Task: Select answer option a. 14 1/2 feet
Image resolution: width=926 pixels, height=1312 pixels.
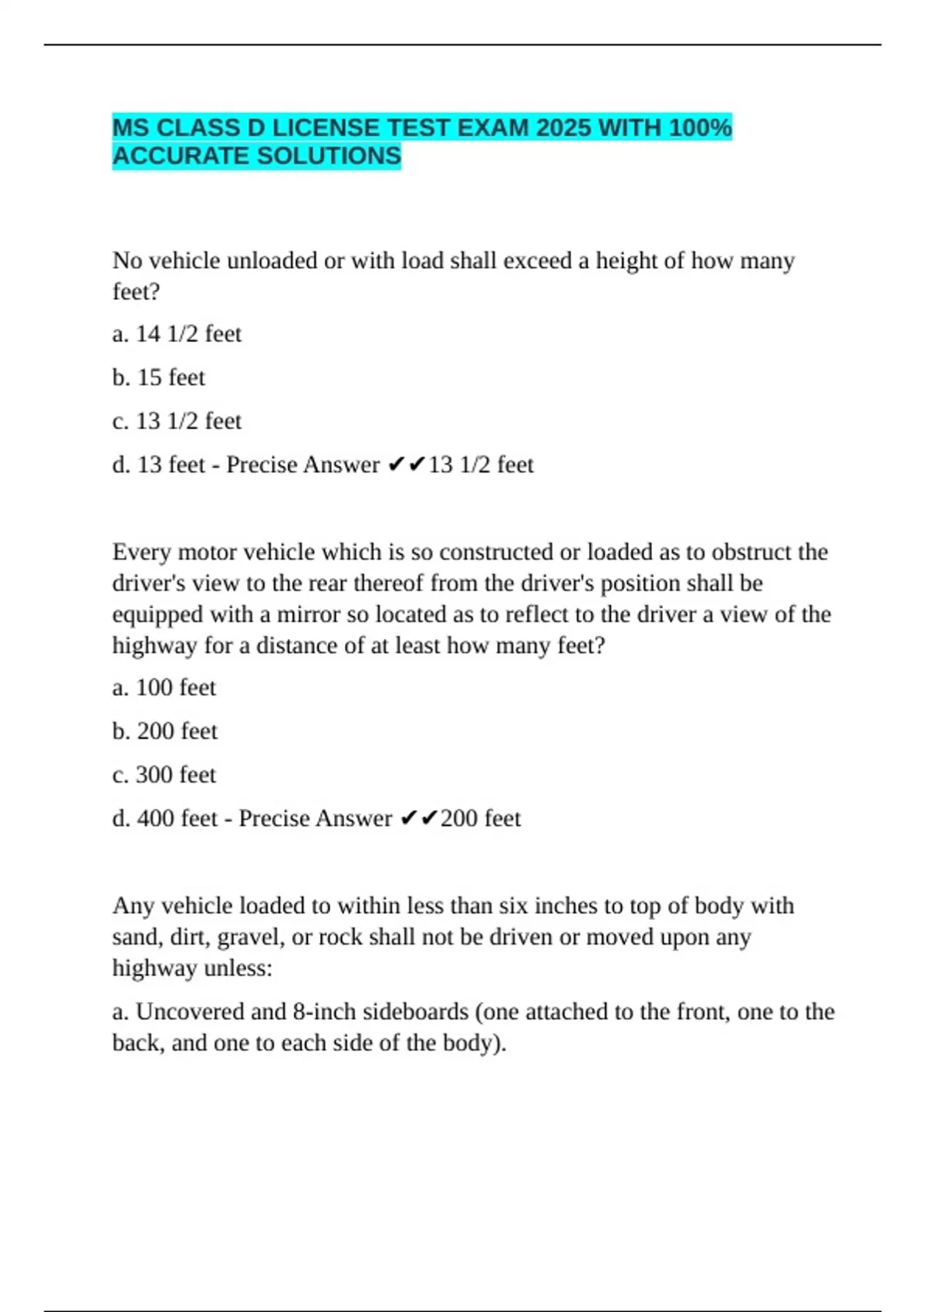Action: click(177, 333)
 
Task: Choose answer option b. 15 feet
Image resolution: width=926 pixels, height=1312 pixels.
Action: click(159, 377)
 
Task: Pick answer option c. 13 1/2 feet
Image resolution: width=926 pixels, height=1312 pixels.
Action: click(177, 421)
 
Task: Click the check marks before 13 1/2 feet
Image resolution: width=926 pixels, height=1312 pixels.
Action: click(406, 465)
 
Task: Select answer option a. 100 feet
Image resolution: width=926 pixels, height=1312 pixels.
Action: click(164, 687)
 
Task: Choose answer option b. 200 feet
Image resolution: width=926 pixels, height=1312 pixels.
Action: click(165, 731)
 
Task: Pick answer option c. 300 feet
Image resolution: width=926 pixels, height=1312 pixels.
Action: click(164, 774)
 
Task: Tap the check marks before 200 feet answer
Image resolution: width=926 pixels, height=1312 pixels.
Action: click(419, 818)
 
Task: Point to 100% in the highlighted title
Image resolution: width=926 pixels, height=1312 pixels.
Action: click(700, 127)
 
